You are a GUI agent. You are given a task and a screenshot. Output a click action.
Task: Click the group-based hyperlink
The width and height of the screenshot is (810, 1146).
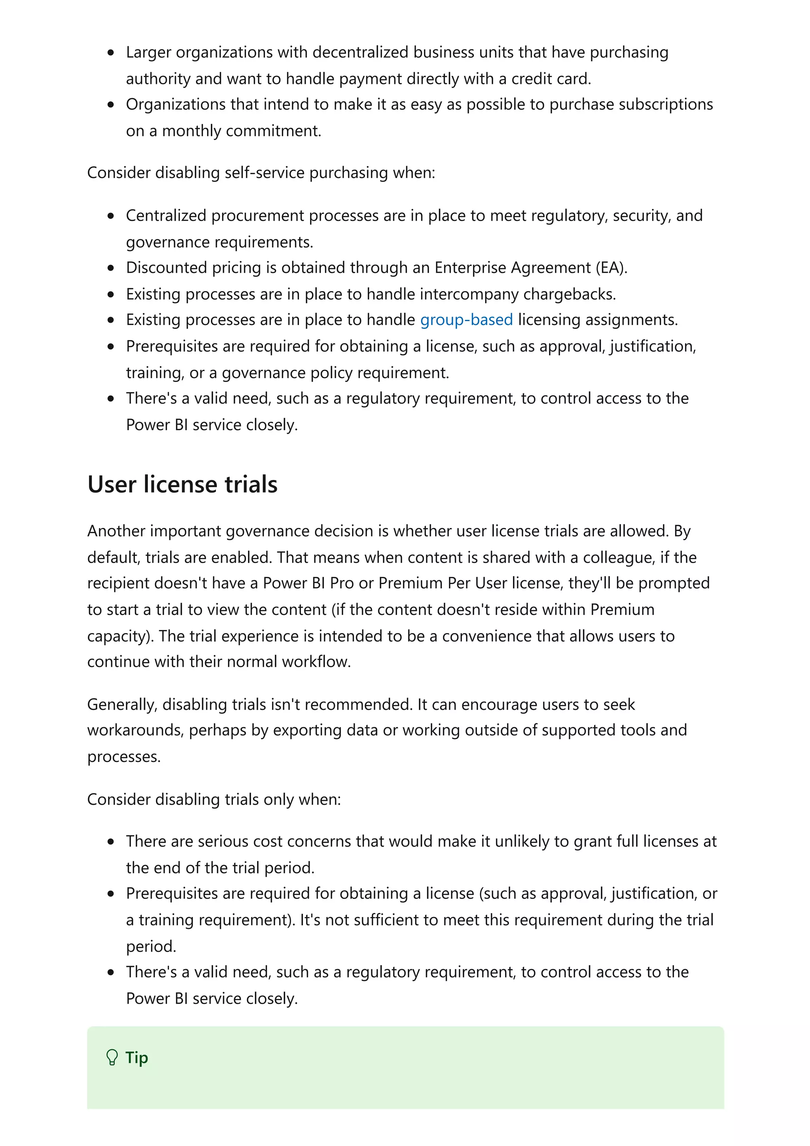[x=466, y=320]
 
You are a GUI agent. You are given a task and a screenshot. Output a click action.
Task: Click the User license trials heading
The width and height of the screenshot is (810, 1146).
[x=182, y=484]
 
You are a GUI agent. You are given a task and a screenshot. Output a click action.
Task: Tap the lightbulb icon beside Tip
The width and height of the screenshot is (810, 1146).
[x=112, y=1057]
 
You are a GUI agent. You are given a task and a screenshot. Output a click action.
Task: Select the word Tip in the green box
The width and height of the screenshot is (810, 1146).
[x=136, y=1057]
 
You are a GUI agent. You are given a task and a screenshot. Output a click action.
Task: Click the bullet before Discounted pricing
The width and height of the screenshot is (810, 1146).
[x=111, y=268]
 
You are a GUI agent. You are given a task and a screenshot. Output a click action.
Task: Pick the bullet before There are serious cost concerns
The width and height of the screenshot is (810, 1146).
[x=111, y=842]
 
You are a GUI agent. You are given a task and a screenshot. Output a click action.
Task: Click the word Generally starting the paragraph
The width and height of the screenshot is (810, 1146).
[x=122, y=704]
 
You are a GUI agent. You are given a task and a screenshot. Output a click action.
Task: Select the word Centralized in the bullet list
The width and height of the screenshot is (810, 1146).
[x=166, y=216]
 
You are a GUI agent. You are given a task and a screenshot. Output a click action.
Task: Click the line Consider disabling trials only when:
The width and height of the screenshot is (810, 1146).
[x=214, y=800]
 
